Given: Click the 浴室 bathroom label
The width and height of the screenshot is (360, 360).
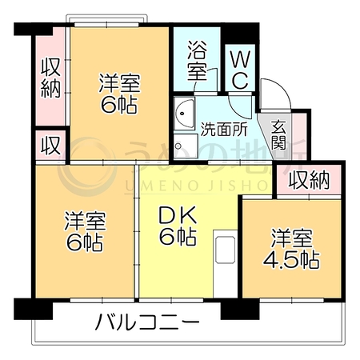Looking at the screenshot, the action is pyautogui.click(x=197, y=61).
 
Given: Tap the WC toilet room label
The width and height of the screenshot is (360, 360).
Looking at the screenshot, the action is pyautogui.click(x=241, y=70).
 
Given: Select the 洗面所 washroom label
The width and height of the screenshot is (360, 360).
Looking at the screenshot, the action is pyautogui.click(x=224, y=130).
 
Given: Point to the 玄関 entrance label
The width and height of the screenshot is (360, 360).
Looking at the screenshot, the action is pyautogui.click(x=278, y=134).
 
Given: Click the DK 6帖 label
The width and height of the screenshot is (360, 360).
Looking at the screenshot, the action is pyautogui.click(x=178, y=226).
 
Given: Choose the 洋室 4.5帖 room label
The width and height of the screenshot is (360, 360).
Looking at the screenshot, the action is pyautogui.click(x=291, y=249).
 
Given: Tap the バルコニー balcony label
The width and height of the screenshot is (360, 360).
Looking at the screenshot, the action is pyautogui.click(x=147, y=322).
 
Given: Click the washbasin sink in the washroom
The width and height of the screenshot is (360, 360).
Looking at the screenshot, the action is pyautogui.click(x=184, y=114).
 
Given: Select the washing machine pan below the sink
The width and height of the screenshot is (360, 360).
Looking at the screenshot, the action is pyautogui.click(x=186, y=146).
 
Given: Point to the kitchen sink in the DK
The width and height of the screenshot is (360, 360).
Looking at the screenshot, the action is pyautogui.click(x=226, y=250).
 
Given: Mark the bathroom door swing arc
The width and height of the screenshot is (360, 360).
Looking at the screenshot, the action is pyautogui.click(x=206, y=78).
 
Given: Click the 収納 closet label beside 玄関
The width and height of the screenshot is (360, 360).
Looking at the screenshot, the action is pyautogui.click(x=310, y=181).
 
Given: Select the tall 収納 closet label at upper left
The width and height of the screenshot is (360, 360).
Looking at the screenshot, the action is pyautogui.click(x=51, y=78).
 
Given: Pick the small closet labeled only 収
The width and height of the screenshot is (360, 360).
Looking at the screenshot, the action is pyautogui.click(x=50, y=146).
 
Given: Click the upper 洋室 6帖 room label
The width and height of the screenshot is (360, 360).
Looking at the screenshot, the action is pyautogui.click(x=119, y=94).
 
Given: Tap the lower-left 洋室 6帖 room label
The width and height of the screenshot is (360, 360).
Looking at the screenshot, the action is pyautogui.click(x=85, y=231).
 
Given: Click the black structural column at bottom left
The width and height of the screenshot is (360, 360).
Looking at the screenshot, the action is pyautogui.click(x=34, y=309).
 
